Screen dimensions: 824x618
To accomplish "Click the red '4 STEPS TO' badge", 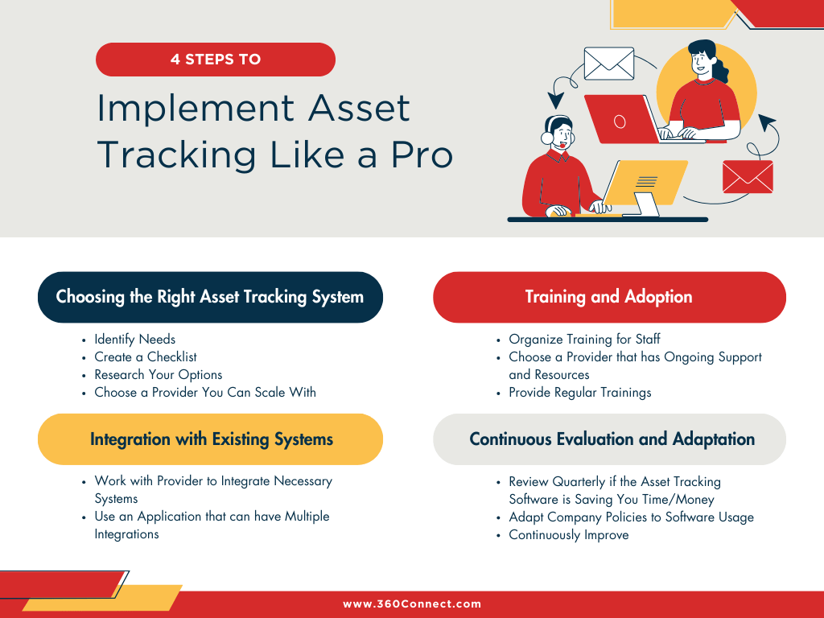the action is (x=216, y=60).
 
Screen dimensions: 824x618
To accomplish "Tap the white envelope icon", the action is (x=609, y=64).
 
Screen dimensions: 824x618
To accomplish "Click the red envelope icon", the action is (x=748, y=176).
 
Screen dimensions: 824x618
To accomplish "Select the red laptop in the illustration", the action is (x=622, y=119).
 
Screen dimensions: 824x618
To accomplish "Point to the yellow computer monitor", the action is (x=645, y=184).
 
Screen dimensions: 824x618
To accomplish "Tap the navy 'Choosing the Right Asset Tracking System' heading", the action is (x=210, y=297).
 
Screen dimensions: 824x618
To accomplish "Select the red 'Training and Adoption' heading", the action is (x=609, y=297).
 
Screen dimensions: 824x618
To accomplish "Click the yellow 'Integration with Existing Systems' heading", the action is (x=210, y=439).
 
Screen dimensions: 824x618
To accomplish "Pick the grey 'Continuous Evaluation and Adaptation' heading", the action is (x=609, y=439).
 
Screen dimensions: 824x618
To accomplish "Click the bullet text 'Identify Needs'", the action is (x=135, y=340).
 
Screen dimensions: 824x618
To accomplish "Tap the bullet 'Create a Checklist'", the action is (x=146, y=356).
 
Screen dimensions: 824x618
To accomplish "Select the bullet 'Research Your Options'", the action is (x=159, y=375).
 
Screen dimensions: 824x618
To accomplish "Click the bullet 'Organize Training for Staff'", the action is (x=584, y=340).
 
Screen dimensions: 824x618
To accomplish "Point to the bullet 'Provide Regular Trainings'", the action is (x=580, y=393).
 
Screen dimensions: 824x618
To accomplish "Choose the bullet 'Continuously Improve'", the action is (x=569, y=535).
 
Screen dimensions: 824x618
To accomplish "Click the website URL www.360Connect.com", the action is (x=412, y=604).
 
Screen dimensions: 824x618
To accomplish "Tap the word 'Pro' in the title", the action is (x=422, y=155).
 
